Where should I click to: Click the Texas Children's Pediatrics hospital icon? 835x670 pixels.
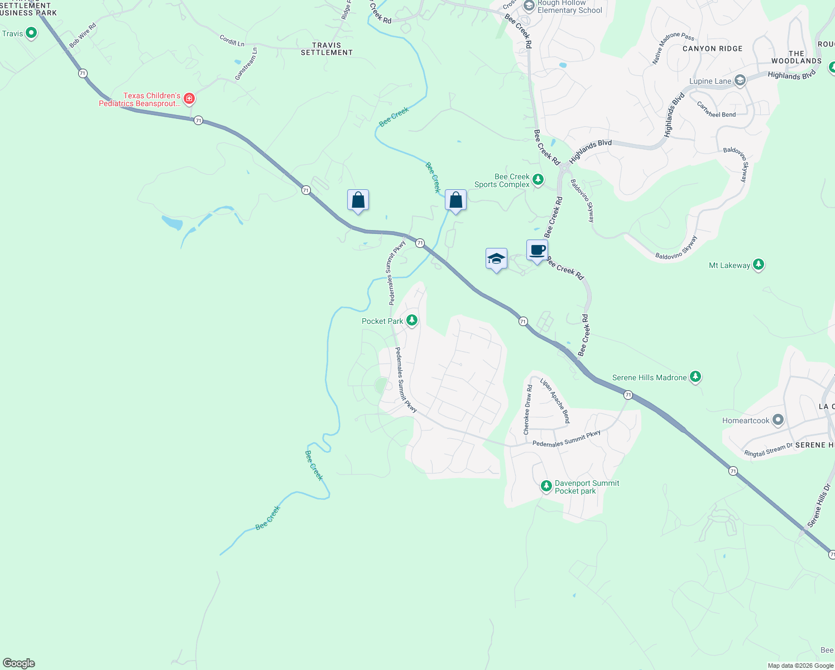point(189,99)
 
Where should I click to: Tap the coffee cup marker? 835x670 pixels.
point(537,250)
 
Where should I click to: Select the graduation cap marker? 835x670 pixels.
point(496,259)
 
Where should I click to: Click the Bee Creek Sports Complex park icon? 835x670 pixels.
point(538,180)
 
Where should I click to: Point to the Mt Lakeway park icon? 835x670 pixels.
point(758,265)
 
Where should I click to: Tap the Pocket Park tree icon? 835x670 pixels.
point(412,320)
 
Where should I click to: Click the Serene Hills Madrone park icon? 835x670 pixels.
point(695,377)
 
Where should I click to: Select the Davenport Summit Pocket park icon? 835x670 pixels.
point(546,486)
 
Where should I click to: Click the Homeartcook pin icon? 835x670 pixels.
point(778,420)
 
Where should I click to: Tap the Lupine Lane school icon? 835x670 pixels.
point(740,81)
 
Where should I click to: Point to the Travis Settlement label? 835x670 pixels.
point(327,49)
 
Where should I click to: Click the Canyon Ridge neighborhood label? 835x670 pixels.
point(712,49)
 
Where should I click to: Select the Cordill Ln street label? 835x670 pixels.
point(232,40)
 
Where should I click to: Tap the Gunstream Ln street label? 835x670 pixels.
point(246,64)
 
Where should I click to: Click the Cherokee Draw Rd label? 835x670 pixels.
point(527,410)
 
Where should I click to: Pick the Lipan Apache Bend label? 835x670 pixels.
point(555,400)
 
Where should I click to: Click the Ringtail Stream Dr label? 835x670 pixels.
point(768,450)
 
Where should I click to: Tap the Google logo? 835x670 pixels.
point(18,663)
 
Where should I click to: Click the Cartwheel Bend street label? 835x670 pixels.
point(716,110)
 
